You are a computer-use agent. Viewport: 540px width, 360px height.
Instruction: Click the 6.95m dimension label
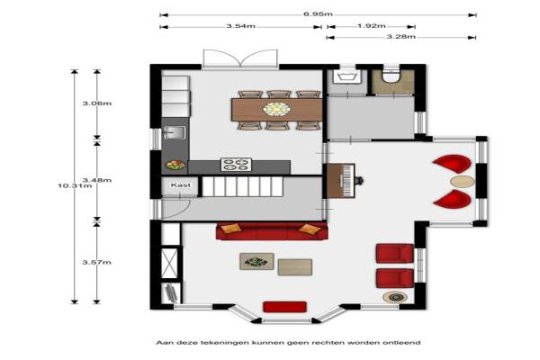(x=318, y=14)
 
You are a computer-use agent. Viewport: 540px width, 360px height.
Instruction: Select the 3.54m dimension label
(x=240, y=26)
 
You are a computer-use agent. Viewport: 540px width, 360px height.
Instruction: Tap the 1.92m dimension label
(x=371, y=26)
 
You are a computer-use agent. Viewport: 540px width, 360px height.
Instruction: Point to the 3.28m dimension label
(x=400, y=37)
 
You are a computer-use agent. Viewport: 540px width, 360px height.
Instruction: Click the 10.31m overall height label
(x=75, y=185)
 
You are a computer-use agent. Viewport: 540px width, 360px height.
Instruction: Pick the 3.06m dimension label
(x=97, y=103)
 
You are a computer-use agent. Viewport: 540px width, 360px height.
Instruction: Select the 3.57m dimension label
(x=97, y=262)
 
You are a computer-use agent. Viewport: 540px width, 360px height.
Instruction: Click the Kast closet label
(x=181, y=185)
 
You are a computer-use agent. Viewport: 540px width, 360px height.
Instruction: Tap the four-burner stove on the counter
(x=236, y=165)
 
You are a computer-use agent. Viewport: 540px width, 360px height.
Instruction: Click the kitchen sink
(x=175, y=132)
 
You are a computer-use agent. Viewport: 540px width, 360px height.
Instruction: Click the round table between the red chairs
(x=463, y=182)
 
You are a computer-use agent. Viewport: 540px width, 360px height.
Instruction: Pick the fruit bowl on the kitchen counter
(x=175, y=166)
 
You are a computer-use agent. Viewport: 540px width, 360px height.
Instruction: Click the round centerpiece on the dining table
(x=276, y=109)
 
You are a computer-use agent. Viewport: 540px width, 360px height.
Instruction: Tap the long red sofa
(x=272, y=231)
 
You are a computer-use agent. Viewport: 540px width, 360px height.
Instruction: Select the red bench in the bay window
(x=284, y=307)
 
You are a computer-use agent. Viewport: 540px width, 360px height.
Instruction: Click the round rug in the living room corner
(x=396, y=297)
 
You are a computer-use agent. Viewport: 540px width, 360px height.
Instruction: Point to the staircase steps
(x=242, y=186)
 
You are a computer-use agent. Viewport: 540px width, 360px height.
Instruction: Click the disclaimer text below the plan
(x=288, y=342)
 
